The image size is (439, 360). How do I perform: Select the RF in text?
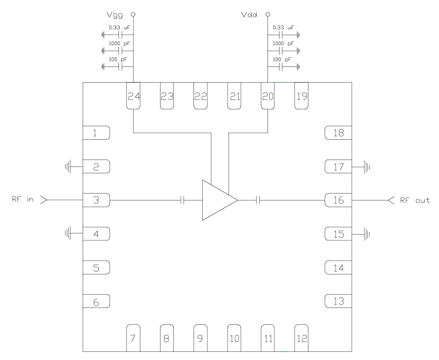coord(23,200)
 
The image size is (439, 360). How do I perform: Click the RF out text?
coord(414,200)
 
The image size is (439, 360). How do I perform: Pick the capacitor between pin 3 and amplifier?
coord(182,200)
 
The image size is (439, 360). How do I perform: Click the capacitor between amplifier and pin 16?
coord(258,200)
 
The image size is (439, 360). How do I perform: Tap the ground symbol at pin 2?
coord(68,167)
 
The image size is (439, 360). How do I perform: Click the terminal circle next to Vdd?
coord(267,13)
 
